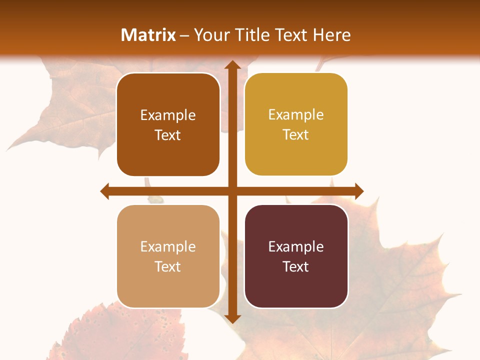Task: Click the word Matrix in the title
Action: click(x=148, y=35)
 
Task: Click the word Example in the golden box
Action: click(x=296, y=115)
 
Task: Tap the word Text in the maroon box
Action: click(x=296, y=266)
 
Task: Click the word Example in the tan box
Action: click(x=168, y=246)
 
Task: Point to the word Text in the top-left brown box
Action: click(x=168, y=135)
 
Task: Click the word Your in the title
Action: click(x=210, y=35)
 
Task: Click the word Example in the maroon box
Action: click(x=296, y=246)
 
